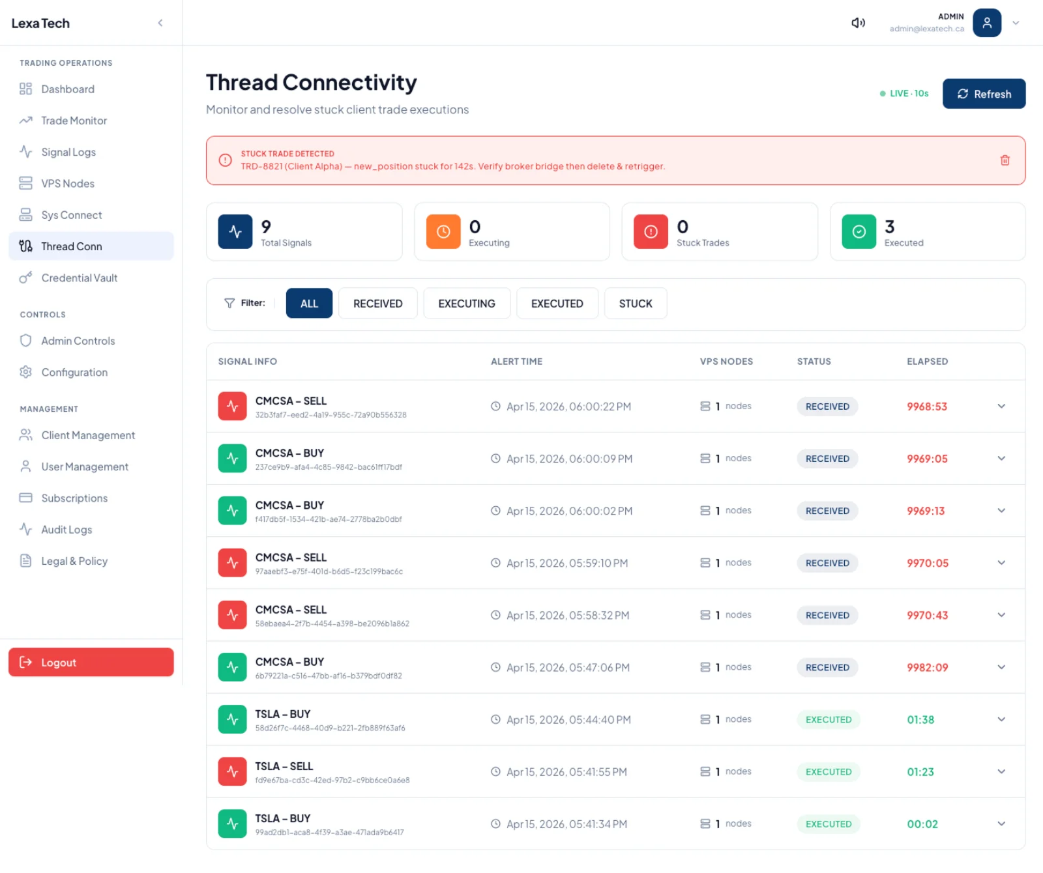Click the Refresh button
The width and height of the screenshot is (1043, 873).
point(984,94)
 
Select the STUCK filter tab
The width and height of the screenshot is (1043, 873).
point(636,304)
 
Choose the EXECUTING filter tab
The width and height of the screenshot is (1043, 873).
point(467,304)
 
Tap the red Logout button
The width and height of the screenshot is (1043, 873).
point(91,662)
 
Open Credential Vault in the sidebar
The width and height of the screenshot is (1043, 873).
point(79,278)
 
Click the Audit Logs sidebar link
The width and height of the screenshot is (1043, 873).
point(66,530)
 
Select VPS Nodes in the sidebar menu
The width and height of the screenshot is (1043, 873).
point(68,184)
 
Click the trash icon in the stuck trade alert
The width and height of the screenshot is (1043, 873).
point(1005,160)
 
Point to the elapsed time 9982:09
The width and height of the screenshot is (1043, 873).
point(927,667)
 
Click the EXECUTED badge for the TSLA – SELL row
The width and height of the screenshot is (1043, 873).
point(829,771)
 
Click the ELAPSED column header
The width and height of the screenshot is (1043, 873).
point(927,362)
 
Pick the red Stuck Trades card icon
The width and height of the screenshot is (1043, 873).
point(651,232)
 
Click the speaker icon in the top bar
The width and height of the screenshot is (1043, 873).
point(858,23)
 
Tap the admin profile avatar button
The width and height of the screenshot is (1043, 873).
point(987,23)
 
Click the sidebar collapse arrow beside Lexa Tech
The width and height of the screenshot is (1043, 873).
point(160,23)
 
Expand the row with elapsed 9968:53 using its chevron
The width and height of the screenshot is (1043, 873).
point(1001,406)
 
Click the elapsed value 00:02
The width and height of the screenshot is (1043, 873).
point(922,824)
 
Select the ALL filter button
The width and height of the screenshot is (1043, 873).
point(309,304)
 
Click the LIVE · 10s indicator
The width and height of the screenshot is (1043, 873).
point(904,94)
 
